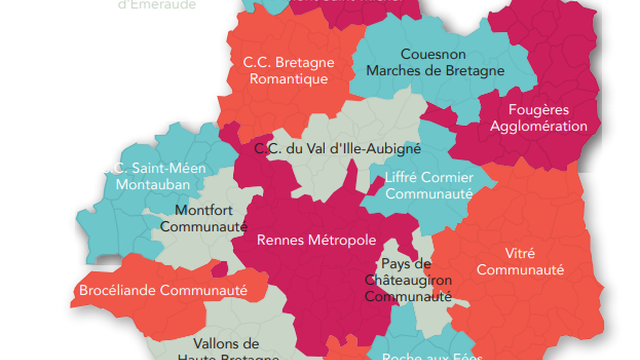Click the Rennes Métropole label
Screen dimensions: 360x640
(316, 240)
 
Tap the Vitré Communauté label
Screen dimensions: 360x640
(520, 261)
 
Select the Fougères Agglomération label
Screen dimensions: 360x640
(533, 118)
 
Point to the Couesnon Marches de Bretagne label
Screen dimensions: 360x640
(435, 62)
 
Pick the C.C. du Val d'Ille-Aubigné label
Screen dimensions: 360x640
(337, 148)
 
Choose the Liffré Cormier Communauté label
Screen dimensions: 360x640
(427, 187)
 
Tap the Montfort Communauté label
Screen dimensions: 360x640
(210, 218)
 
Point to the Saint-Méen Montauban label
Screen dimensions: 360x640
(159, 176)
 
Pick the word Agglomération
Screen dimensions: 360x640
(533, 127)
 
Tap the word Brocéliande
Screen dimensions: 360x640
(119, 292)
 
